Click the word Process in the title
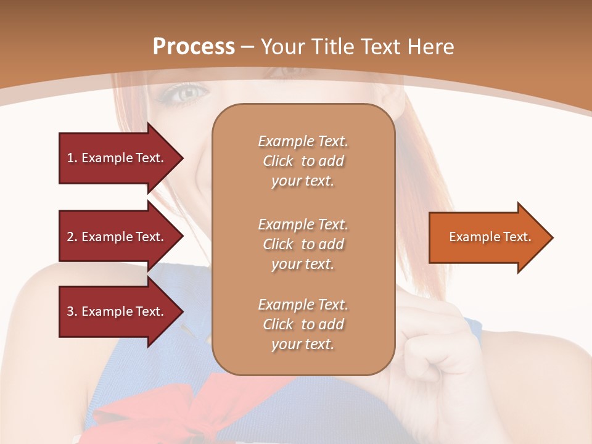pos(194,47)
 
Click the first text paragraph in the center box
pos(303,161)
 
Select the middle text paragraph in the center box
pos(303,244)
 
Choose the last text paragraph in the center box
pos(303,324)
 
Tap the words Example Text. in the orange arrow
pos(490,237)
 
